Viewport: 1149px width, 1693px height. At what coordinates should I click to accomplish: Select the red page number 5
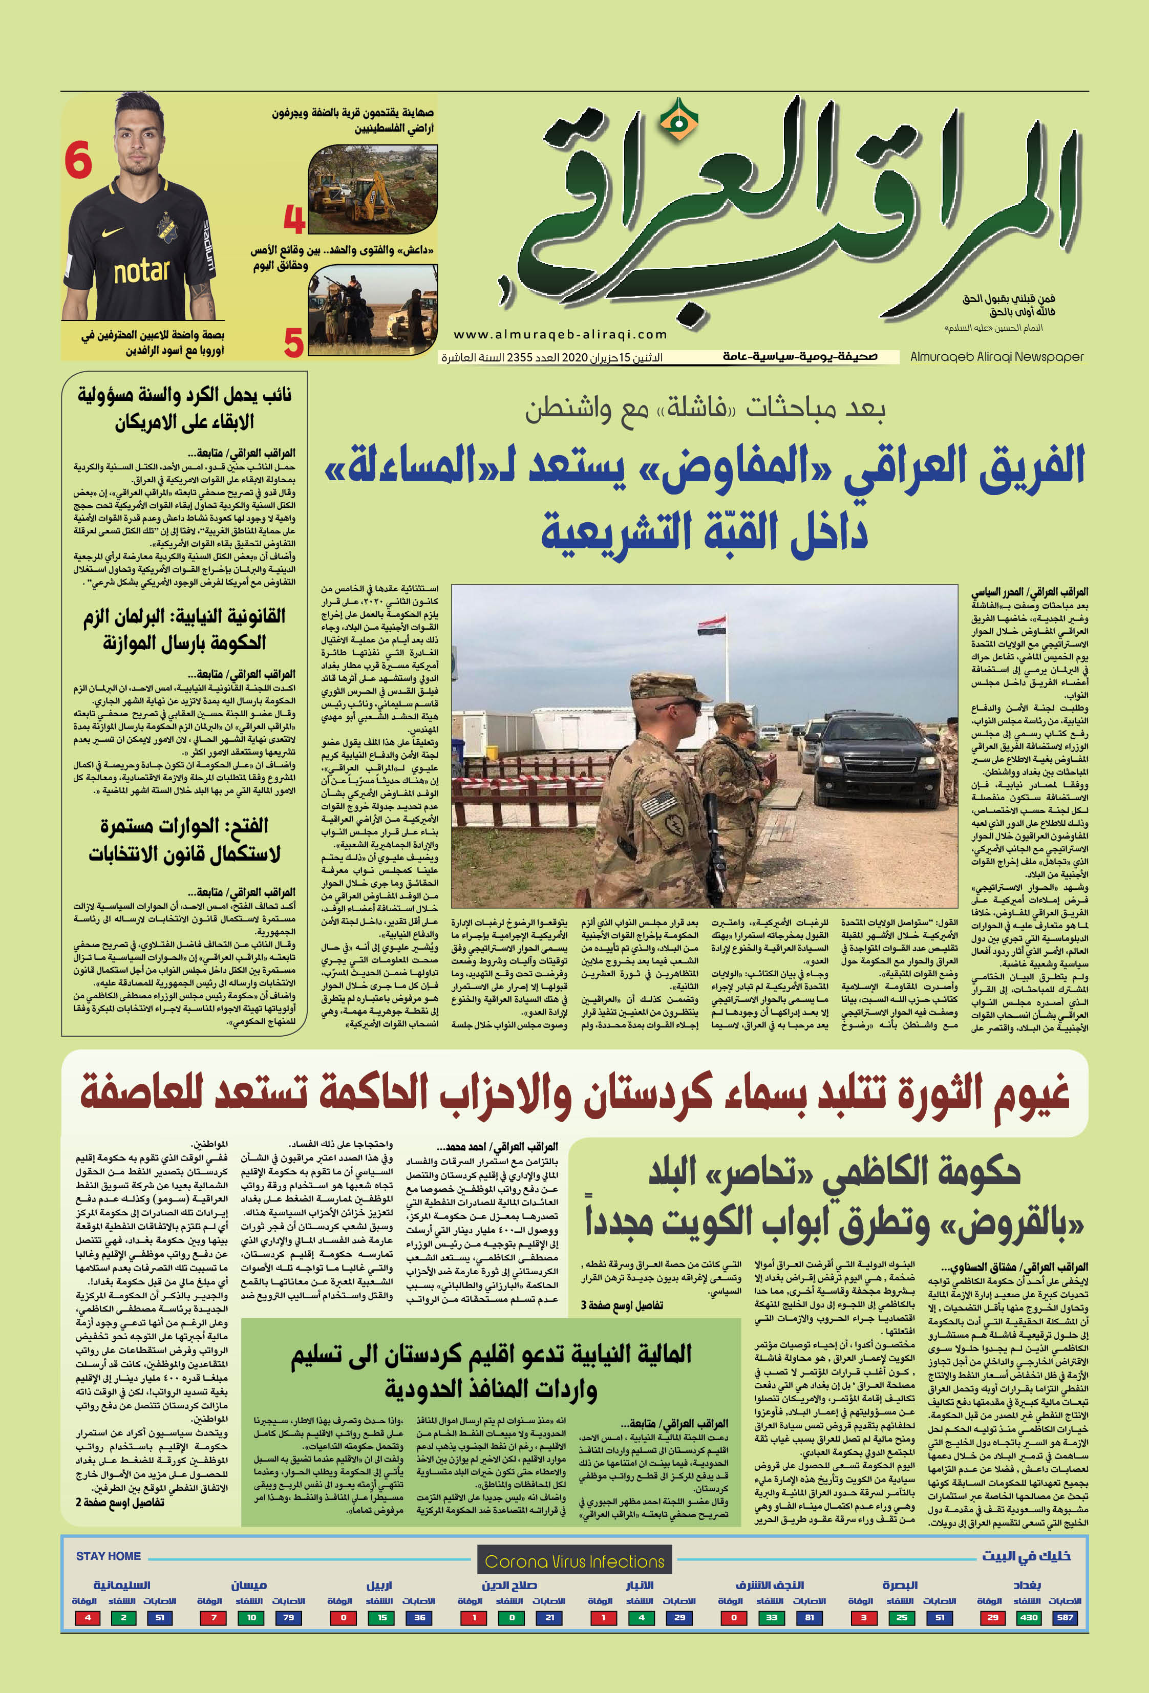pos(293,342)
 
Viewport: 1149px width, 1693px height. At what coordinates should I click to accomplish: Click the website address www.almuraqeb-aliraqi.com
pos(560,334)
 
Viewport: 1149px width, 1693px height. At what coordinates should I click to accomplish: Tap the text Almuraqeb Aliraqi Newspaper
pos(996,357)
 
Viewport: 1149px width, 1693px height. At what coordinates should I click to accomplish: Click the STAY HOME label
pos(108,1556)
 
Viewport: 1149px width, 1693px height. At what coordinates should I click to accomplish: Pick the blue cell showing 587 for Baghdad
pos(1065,1617)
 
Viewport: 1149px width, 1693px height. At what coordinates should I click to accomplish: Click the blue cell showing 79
pos(288,1617)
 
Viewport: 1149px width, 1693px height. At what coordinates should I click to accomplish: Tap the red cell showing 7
pos(214,1617)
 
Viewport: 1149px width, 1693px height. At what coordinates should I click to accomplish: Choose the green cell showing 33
pos(771,1617)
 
